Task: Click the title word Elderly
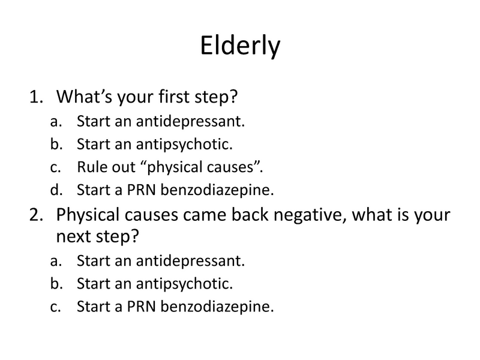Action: click(x=239, y=46)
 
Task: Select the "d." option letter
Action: click(x=56, y=190)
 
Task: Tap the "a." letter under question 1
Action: click(x=56, y=122)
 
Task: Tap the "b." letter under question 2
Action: click(x=56, y=284)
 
